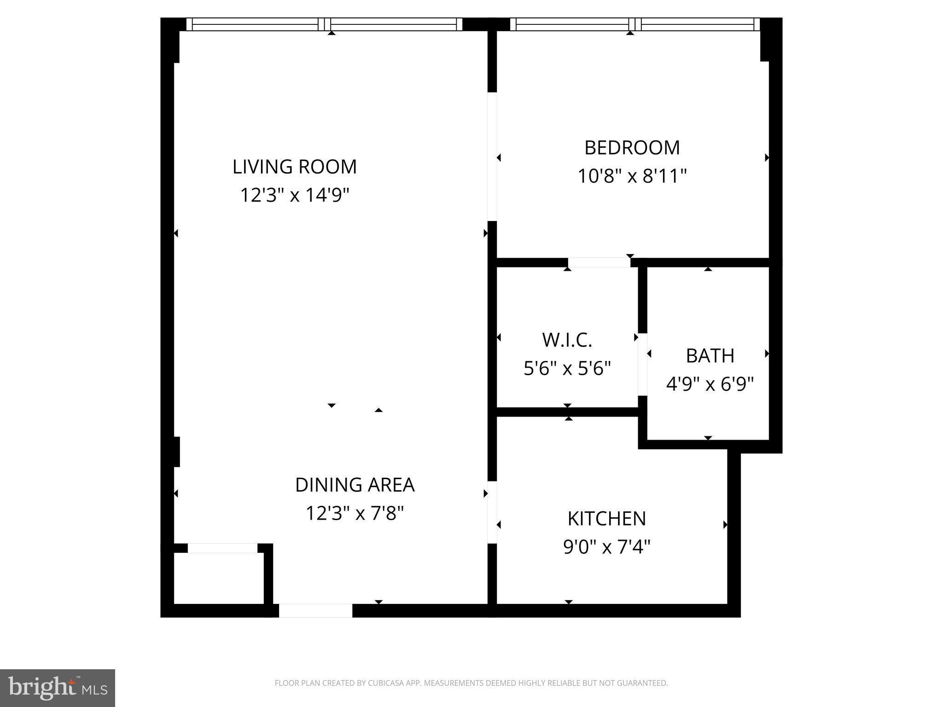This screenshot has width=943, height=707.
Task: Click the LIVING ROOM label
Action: pyautogui.click(x=294, y=167)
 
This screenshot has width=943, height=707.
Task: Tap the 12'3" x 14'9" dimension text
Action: pyautogui.click(x=295, y=195)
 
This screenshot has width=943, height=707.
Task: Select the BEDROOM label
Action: pyautogui.click(x=632, y=148)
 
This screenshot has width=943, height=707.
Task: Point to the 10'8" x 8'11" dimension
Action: pyautogui.click(x=632, y=176)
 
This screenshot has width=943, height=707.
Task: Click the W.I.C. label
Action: pyautogui.click(x=567, y=340)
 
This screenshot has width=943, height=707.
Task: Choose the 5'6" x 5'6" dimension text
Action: pyautogui.click(x=567, y=368)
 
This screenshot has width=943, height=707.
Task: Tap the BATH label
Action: pyautogui.click(x=710, y=356)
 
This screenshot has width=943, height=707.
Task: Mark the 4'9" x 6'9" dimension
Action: pyautogui.click(x=710, y=384)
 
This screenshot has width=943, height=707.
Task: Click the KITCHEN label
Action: pyautogui.click(x=606, y=519)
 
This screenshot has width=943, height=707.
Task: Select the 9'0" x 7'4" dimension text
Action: pyautogui.click(x=606, y=547)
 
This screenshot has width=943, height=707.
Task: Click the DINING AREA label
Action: pyautogui.click(x=355, y=485)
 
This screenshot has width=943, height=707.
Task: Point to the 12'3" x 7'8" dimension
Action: pyautogui.click(x=355, y=513)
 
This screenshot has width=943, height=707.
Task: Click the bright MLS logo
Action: pyautogui.click(x=57, y=688)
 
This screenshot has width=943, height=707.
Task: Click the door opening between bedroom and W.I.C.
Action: pyautogui.click(x=599, y=262)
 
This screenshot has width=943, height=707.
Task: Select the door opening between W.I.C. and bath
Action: pyautogui.click(x=642, y=365)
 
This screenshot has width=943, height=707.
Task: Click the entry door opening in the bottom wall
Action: pyautogui.click(x=315, y=610)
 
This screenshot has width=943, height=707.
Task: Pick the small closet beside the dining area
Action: pyautogui.click(x=219, y=578)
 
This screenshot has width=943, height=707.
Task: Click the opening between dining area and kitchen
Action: pyautogui.click(x=492, y=512)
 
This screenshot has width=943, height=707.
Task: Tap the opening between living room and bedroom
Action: pyautogui.click(x=492, y=156)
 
